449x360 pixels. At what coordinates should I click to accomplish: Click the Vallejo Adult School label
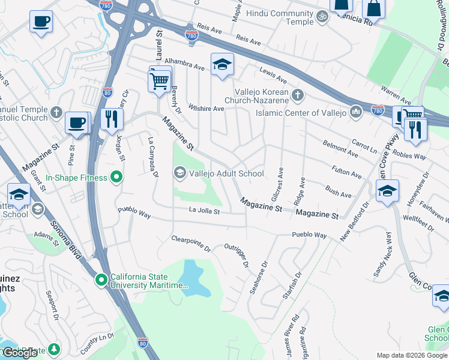[x=226, y=174]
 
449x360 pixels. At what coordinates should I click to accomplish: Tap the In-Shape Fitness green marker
[x=117, y=178]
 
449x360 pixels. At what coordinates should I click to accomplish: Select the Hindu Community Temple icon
[x=322, y=17]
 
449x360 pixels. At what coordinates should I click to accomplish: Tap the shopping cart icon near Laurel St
[x=159, y=80]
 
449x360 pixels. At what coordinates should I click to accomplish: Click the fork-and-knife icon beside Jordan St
[x=111, y=119]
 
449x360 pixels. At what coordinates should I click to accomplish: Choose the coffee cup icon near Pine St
[x=77, y=123]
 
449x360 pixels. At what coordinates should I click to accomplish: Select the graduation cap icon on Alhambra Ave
[x=221, y=65]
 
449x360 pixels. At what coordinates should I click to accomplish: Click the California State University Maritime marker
[x=102, y=280]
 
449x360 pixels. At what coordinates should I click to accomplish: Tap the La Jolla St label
[x=205, y=211]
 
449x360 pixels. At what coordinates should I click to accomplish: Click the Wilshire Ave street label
[x=206, y=109]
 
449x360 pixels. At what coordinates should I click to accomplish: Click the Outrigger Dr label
[x=237, y=254]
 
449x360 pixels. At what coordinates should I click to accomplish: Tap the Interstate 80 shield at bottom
[x=142, y=342]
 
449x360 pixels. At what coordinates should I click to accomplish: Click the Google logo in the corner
[x=20, y=353]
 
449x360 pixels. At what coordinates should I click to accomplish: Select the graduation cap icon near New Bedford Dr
[x=387, y=191]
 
